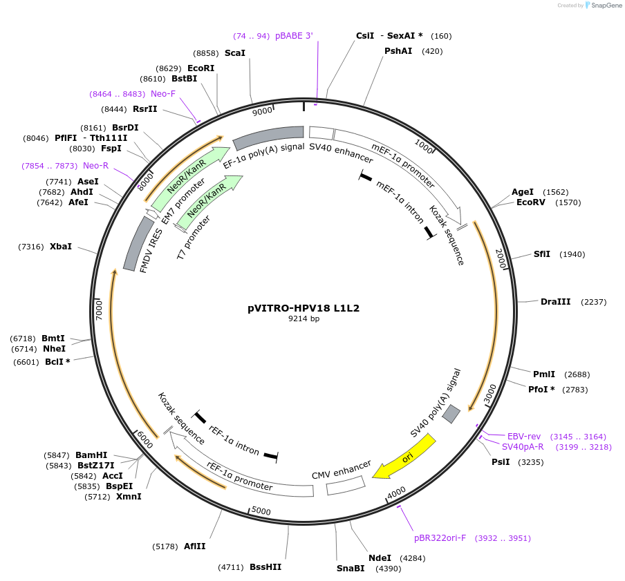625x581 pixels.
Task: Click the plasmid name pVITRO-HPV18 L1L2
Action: point(304,309)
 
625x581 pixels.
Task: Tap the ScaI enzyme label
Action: point(235,53)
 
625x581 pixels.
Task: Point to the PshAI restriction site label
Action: point(398,50)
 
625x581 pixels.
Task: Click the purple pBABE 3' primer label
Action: point(294,35)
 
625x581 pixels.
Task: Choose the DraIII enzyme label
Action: point(556,301)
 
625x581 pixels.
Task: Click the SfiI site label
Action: point(542,254)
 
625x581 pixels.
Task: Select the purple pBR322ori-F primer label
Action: point(440,537)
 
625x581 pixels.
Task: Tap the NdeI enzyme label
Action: point(380,558)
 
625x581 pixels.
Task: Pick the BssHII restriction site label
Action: point(265,567)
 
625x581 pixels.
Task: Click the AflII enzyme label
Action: point(194,546)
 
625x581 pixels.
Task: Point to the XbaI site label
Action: point(61,246)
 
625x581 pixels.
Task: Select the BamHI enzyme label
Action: point(91,455)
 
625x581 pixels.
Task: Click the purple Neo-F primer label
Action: point(163,93)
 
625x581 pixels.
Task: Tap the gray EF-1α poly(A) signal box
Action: point(269,137)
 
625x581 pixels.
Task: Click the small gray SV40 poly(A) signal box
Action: point(451,414)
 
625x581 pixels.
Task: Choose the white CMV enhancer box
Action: point(346,486)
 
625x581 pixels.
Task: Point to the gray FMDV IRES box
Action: point(138,243)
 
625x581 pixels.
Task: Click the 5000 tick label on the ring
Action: point(261,511)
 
